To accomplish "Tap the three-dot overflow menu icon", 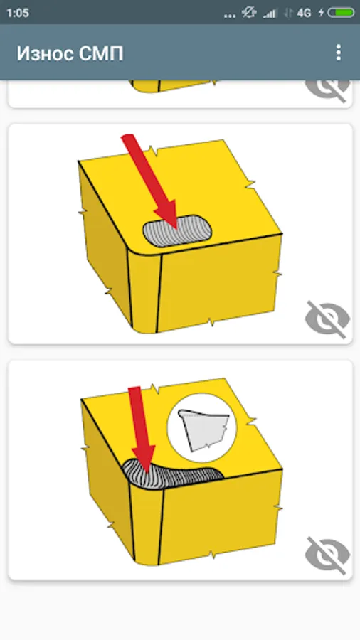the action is (338, 53).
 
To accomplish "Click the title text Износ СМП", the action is (70, 53).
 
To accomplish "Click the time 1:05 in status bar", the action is (18, 13).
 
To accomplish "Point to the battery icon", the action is (341, 13).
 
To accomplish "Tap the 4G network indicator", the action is (304, 13).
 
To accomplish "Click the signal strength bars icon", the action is (269, 14).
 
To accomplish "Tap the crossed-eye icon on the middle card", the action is (327, 319).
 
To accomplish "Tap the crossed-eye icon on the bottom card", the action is (327, 555).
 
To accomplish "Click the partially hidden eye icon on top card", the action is (327, 89).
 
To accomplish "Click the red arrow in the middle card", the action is (150, 181).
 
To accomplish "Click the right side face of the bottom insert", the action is (221, 516).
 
